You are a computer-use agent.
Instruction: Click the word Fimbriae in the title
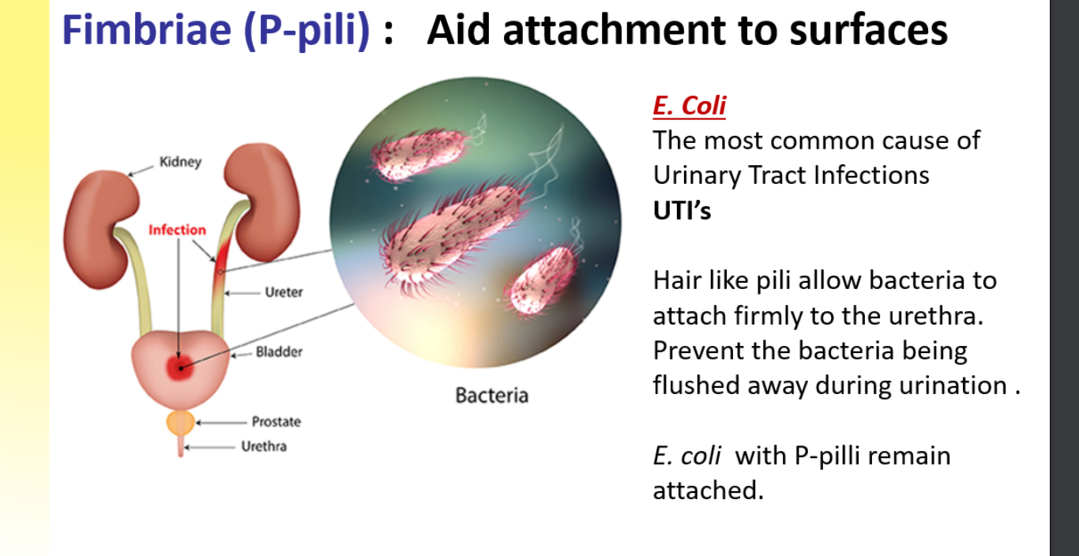(x=147, y=30)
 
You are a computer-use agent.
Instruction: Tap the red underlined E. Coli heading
(x=690, y=106)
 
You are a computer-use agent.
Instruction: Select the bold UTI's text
(x=682, y=211)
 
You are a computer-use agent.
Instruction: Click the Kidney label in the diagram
(x=181, y=162)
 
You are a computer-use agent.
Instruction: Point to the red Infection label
(x=177, y=230)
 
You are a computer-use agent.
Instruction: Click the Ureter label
(x=284, y=292)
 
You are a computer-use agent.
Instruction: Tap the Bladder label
(x=279, y=351)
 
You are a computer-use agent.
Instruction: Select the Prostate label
(x=276, y=422)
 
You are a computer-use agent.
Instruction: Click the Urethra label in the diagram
(x=264, y=447)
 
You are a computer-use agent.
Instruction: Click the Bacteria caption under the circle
(x=492, y=396)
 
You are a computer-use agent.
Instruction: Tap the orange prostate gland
(x=181, y=423)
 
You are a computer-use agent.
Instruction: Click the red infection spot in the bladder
(x=179, y=368)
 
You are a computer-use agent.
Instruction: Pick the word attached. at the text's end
(x=708, y=490)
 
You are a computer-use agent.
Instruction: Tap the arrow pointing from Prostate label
(x=222, y=423)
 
